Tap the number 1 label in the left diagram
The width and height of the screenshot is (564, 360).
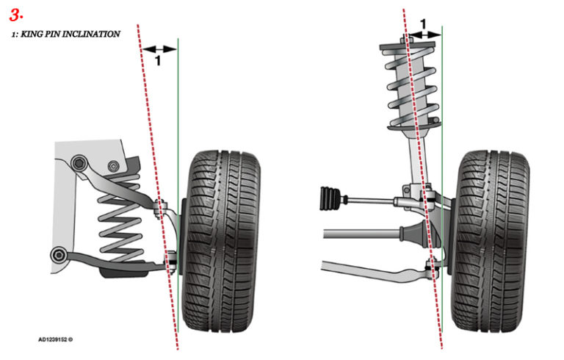[157, 61]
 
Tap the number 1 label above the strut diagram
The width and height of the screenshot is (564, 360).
[422, 24]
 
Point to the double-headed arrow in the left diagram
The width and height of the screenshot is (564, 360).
[159, 49]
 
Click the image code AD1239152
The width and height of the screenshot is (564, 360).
[55, 339]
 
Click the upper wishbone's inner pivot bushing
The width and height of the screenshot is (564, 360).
[78, 161]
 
